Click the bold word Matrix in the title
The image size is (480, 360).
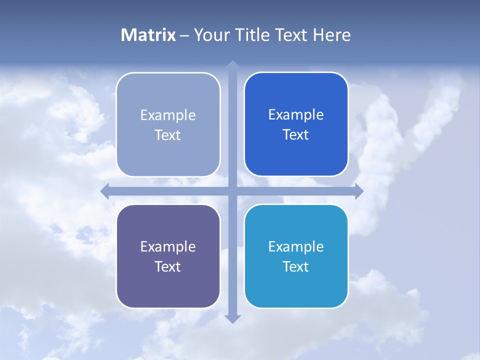148,35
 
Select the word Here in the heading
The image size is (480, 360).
331,35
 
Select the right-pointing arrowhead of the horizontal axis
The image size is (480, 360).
359,191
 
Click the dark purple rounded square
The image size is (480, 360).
168,290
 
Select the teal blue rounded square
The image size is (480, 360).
296,290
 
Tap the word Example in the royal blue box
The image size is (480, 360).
296,114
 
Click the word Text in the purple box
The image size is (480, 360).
167,266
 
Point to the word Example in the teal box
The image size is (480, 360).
296,246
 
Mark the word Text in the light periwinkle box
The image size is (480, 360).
167,135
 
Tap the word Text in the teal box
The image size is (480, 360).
295,266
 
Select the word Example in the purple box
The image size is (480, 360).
168,246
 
